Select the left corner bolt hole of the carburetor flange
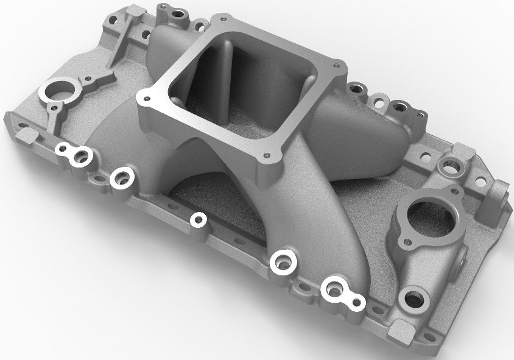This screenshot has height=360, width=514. click(x=144, y=96)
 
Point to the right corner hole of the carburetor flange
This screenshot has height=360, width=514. click(x=334, y=62)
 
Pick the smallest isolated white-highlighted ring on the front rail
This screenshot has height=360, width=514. click(x=198, y=219)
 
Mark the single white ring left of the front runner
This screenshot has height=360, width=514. click(x=122, y=177)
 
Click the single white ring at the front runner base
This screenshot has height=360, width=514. click(x=284, y=262)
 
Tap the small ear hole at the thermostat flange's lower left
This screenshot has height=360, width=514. click(x=403, y=244)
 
